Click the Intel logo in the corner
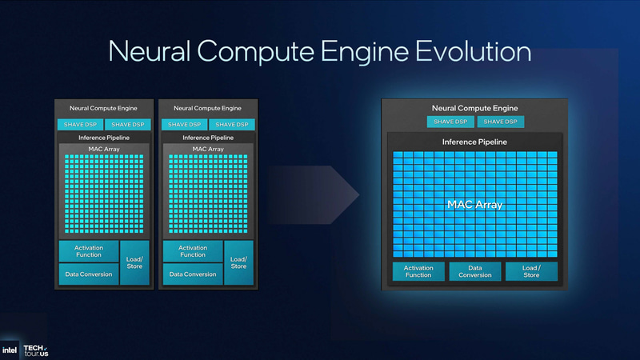(x=10, y=350)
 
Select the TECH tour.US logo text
(x=35, y=349)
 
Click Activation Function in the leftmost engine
(x=88, y=251)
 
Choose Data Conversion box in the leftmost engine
(x=88, y=274)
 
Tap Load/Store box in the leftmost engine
(x=134, y=262)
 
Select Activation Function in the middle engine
(x=193, y=251)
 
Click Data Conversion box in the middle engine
(x=193, y=274)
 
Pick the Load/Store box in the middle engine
(x=238, y=262)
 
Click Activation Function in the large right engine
(x=418, y=271)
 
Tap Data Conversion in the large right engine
(x=474, y=271)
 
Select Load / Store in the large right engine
(x=531, y=271)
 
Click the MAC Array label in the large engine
(x=474, y=205)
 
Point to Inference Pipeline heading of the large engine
(x=474, y=142)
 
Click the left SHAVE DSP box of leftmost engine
(x=76, y=124)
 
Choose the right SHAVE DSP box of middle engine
(x=232, y=124)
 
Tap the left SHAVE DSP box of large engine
(x=450, y=122)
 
